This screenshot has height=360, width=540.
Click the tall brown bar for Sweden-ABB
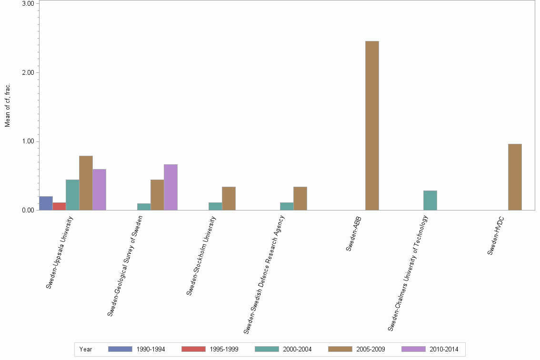(x=372, y=126)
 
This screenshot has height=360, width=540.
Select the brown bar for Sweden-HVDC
(x=515, y=177)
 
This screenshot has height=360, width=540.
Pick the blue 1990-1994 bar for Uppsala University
(x=46, y=203)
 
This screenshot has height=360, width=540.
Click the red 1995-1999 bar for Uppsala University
(x=59, y=206)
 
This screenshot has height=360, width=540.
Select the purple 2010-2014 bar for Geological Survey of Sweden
(x=170, y=187)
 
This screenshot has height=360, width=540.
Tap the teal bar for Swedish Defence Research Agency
(x=287, y=206)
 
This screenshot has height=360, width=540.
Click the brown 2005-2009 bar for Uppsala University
(x=86, y=183)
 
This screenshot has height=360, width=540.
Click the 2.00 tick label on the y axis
(x=28, y=73)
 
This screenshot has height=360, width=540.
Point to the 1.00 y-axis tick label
(x=28, y=141)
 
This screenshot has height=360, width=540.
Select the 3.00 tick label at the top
(x=28, y=4)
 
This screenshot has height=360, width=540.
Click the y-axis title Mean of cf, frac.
(x=8, y=106)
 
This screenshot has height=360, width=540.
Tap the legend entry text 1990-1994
(x=150, y=350)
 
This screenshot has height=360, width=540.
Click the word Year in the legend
(x=86, y=350)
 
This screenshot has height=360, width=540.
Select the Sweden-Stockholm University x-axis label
(x=201, y=255)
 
